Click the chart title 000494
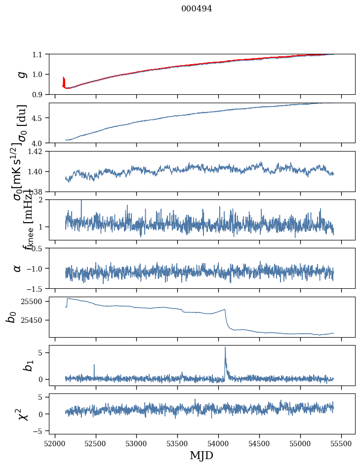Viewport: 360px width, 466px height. tap(197, 8)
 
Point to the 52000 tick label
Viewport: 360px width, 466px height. tap(55, 443)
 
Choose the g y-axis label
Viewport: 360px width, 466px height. tap(21, 74)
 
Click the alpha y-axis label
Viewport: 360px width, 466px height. tap(17, 268)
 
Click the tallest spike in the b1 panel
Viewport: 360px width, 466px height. tap(225, 348)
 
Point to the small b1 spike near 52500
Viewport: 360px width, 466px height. tap(94, 365)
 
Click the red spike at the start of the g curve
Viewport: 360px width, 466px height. tap(64, 80)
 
